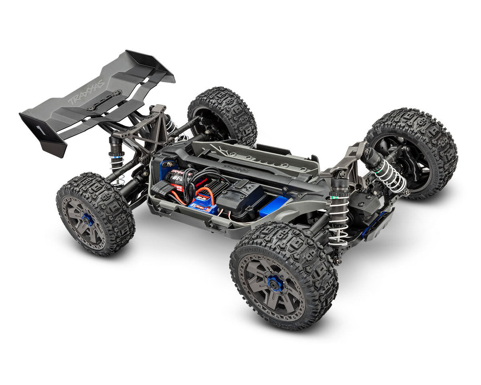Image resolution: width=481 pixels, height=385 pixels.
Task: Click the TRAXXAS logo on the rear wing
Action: coord(86,92)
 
